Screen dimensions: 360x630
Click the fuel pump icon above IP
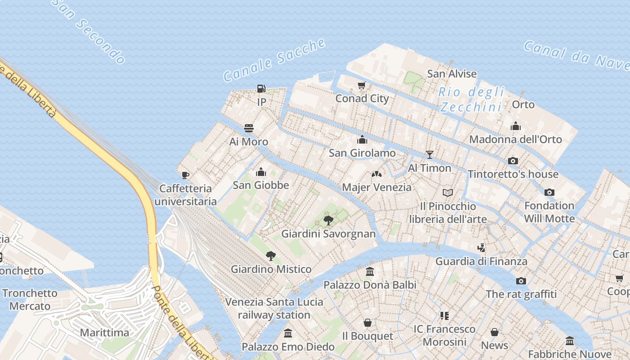click(x=261, y=89)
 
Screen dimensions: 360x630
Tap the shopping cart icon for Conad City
click(x=361, y=85)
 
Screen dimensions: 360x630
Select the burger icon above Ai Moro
click(x=249, y=128)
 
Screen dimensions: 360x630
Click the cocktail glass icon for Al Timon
click(x=430, y=155)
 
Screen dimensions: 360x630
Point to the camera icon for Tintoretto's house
click(x=513, y=161)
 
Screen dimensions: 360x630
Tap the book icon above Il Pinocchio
click(x=447, y=193)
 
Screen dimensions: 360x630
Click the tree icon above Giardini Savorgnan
click(x=328, y=220)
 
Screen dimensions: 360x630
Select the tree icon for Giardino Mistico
click(x=270, y=256)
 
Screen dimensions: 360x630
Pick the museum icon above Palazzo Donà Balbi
click(x=370, y=272)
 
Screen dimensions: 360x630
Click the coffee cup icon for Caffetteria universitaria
click(x=185, y=175)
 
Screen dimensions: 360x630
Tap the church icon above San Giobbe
click(x=261, y=172)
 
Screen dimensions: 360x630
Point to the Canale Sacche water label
click(x=274, y=60)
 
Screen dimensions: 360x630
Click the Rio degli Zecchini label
click(x=471, y=99)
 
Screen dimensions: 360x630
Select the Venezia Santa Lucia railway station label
click(x=274, y=308)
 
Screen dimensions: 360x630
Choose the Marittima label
click(x=104, y=333)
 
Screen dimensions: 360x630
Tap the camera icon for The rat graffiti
click(x=521, y=281)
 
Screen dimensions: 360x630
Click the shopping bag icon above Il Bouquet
click(x=368, y=323)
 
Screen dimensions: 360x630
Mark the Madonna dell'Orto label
click(x=516, y=139)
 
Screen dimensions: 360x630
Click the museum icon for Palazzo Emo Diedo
click(x=288, y=333)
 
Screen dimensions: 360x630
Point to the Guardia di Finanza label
click(x=481, y=261)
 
